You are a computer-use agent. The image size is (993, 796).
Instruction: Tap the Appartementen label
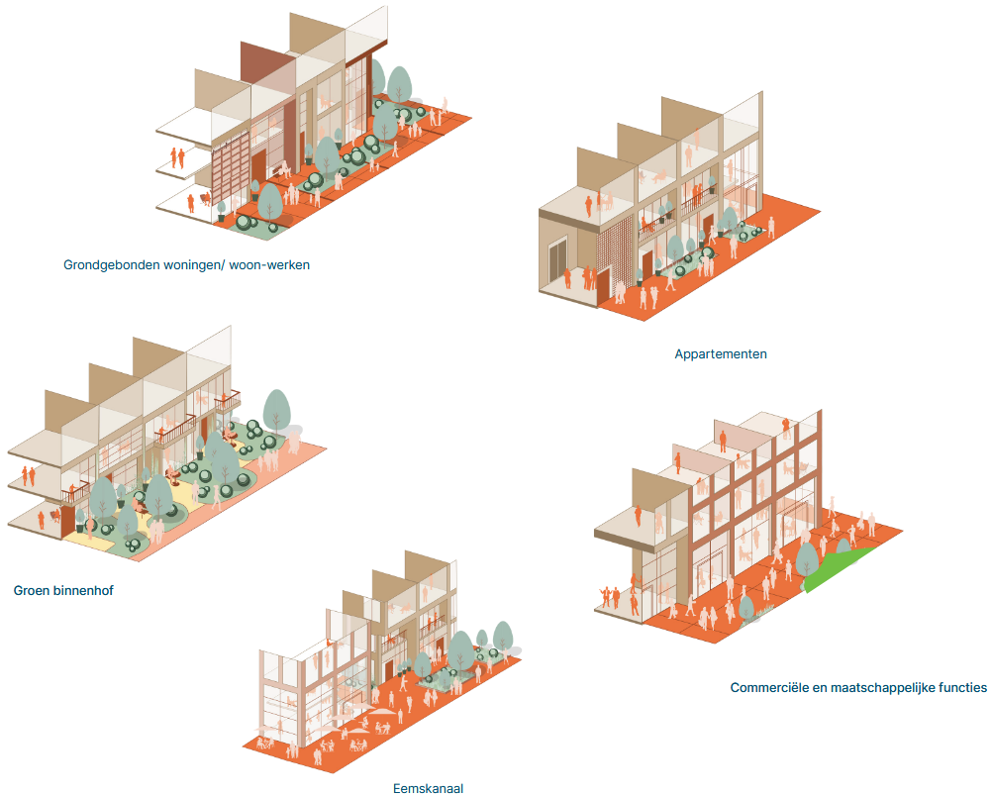click(x=721, y=353)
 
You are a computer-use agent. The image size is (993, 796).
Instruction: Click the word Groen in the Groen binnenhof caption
click(x=33, y=591)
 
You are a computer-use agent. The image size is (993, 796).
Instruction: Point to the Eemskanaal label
click(x=428, y=789)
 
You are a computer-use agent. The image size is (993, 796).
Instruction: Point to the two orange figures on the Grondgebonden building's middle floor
click(x=178, y=157)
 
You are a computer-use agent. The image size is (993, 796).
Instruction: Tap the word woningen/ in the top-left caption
click(x=193, y=265)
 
